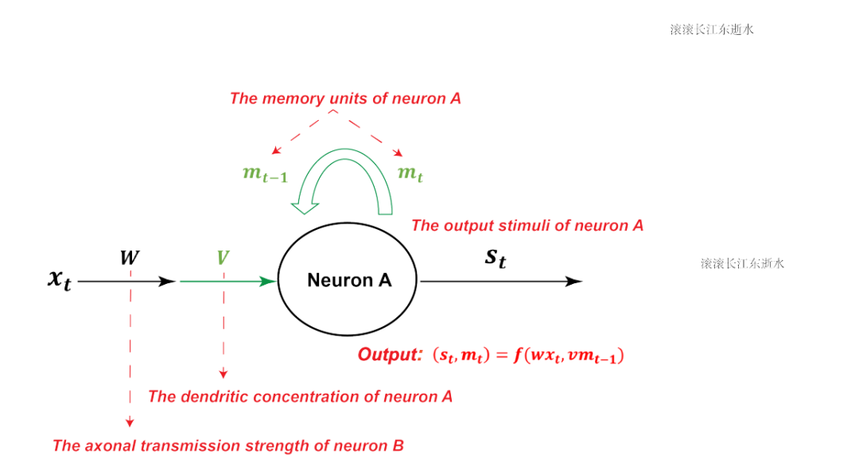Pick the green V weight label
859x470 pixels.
point(223,258)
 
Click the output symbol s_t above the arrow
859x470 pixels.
point(496,258)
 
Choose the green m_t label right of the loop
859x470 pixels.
point(410,173)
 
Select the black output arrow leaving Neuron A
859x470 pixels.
point(501,281)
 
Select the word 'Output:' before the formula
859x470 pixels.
point(389,355)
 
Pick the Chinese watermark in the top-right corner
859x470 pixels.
point(712,29)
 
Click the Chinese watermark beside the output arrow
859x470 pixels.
point(742,263)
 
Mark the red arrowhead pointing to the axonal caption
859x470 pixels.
point(130,422)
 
